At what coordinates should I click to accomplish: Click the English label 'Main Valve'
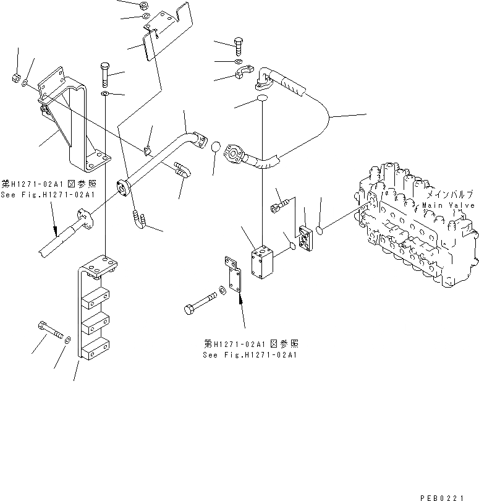(448, 205)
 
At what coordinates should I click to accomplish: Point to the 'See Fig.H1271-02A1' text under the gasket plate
(250, 356)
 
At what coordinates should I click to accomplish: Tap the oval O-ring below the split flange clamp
(262, 98)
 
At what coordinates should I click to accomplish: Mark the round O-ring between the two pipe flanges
(214, 148)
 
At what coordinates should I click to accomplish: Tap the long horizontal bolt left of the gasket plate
(199, 302)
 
